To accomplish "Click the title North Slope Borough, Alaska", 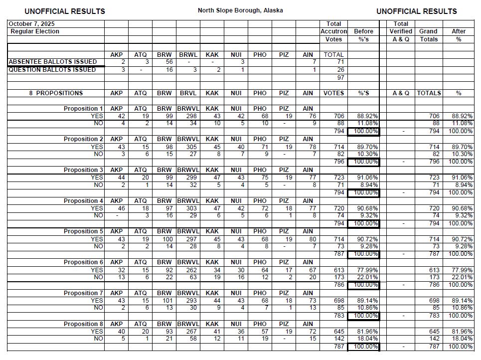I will [x=240, y=10].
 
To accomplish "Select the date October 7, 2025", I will [x=31, y=24].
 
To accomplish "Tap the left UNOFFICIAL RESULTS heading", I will [x=65, y=11].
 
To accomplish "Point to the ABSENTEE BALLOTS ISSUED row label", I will [x=53, y=62].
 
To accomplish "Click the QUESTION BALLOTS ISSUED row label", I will [x=52, y=70].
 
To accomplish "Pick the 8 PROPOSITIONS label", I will [x=56, y=93].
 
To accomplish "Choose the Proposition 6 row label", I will [x=83, y=262].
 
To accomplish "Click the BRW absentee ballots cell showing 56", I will [x=169, y=62].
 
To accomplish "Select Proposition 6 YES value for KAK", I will [x=216, y=270].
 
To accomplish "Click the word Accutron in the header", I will [x=333, y=31].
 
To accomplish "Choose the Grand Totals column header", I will [x=428, y=35].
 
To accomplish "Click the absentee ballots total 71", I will [x=340, y=62].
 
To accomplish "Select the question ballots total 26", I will [x=340, y=70].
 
